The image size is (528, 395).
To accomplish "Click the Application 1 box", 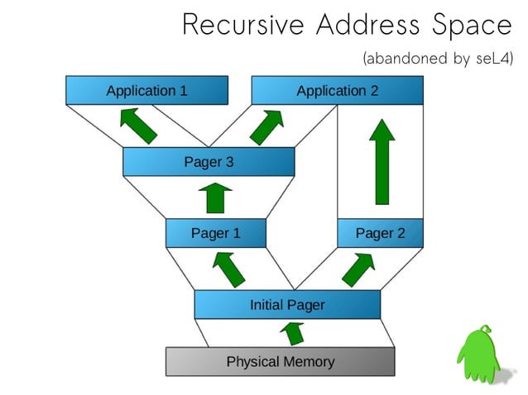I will click(146, 90).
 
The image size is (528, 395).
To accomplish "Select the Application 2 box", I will click(337, 90).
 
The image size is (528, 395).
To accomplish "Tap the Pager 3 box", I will click(209, 161).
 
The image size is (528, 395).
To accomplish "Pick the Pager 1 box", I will click(215, 233).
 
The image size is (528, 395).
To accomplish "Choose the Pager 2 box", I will click(380, 233).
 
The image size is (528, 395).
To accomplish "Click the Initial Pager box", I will click(287, 304).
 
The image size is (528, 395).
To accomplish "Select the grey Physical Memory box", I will click(281, 361).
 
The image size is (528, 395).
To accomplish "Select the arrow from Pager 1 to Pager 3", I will click(214, 198).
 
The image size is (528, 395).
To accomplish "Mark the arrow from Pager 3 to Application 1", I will click(137, 126).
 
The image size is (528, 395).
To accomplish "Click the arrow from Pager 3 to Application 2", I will click(266, 126).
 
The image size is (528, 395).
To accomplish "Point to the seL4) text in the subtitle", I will click(494, 59).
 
